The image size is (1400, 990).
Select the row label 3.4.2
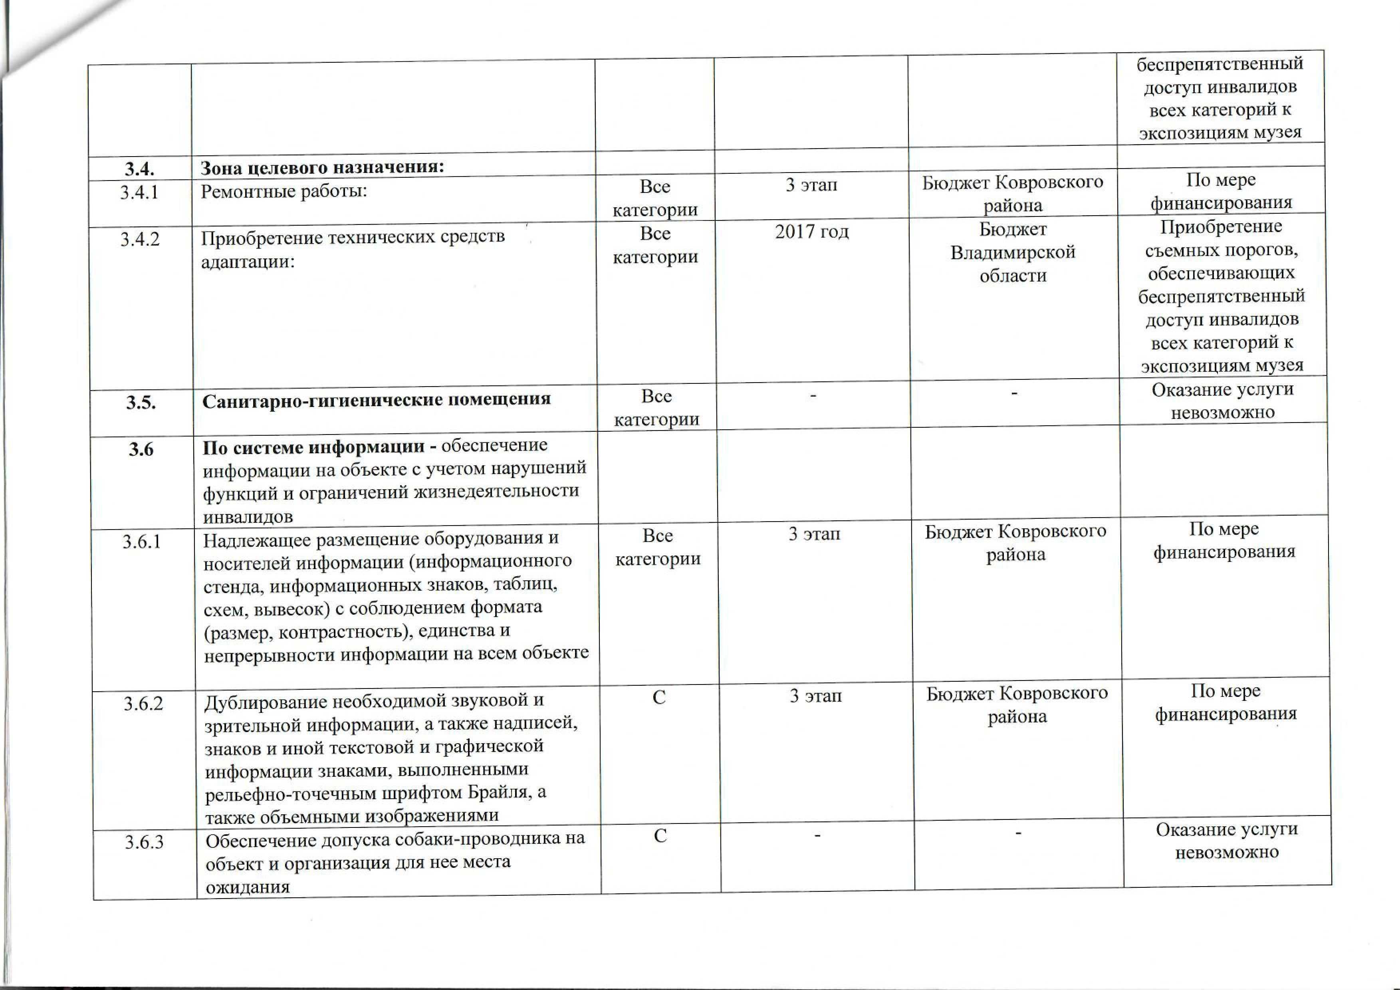pos(140,239)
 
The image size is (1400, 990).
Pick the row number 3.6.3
pos(145,842)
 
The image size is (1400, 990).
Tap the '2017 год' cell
pos(811,232)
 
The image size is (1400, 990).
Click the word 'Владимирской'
pos(1013,252)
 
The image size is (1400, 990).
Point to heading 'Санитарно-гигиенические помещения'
pos(376,399)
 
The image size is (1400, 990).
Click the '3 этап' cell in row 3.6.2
pos(815,696)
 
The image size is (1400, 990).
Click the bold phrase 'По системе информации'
pos(314,448)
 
